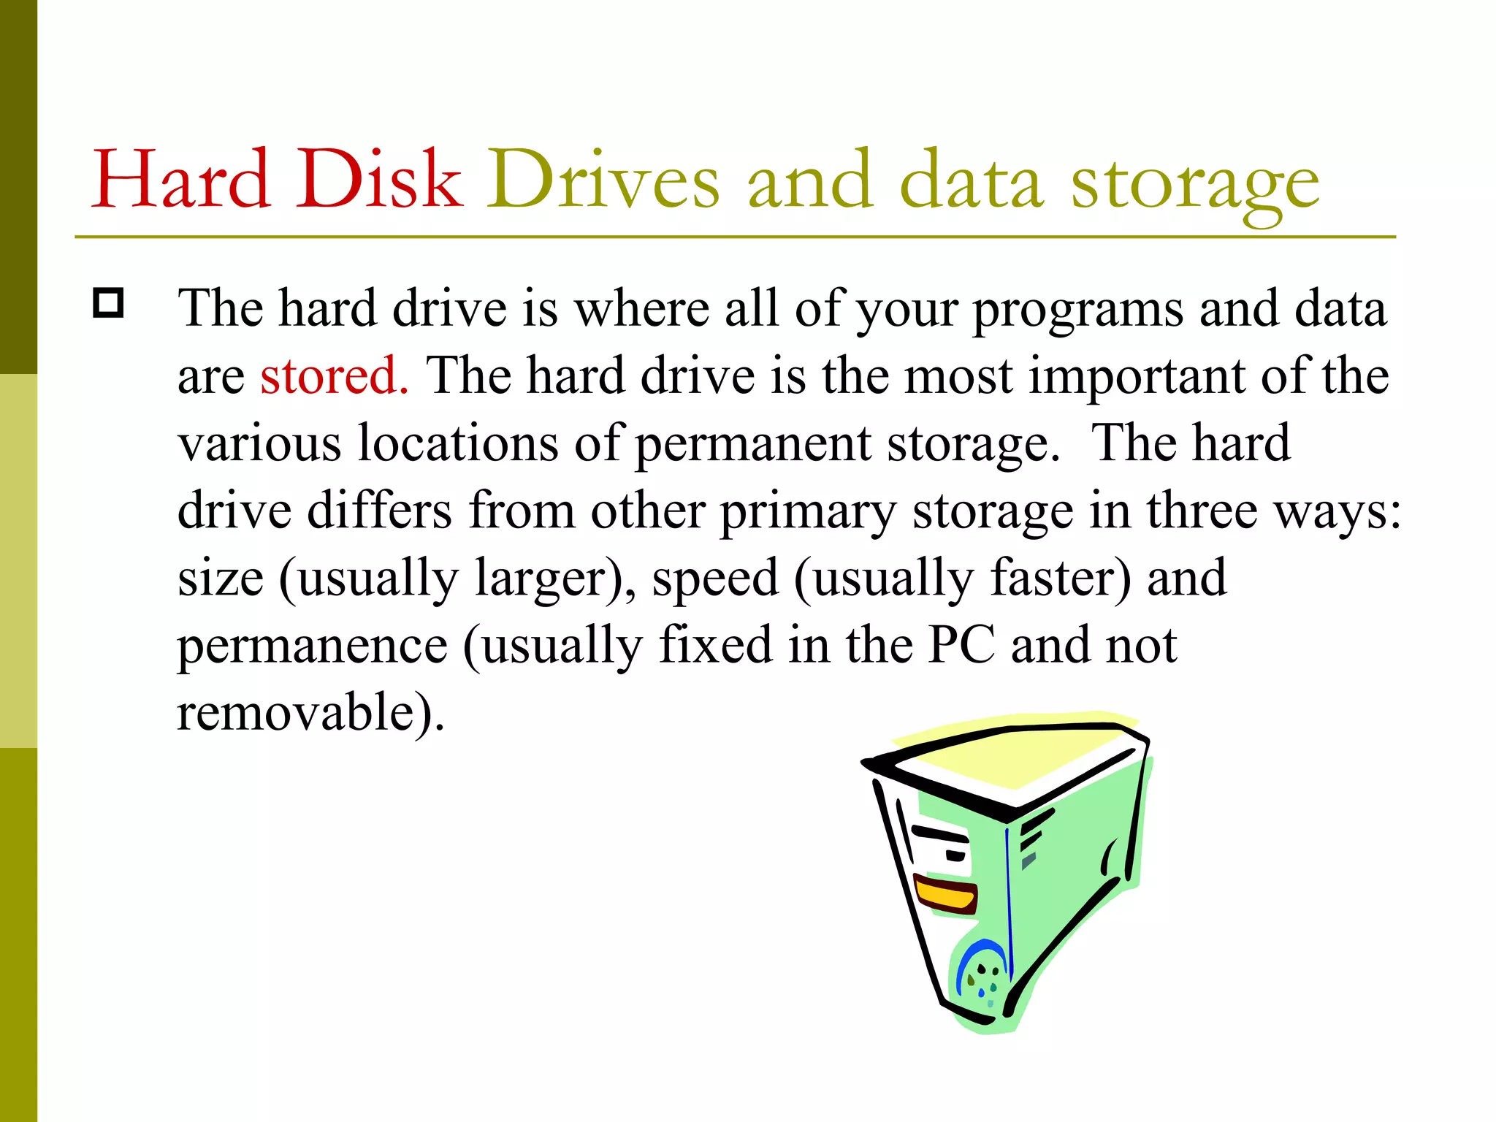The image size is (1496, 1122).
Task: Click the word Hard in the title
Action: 180,180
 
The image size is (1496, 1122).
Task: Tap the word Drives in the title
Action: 603,180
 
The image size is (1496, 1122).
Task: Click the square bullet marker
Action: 109,302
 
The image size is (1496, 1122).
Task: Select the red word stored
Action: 333,375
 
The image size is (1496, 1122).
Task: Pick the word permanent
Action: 752,444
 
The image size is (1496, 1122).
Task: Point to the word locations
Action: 458,443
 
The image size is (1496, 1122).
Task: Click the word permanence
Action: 312,646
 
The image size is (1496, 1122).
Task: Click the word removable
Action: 296,712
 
